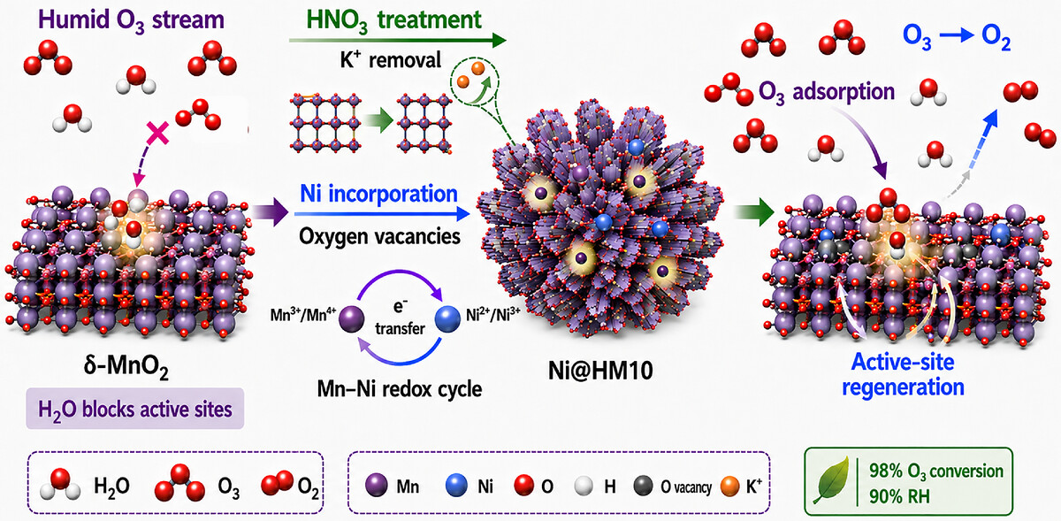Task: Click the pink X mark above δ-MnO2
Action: (157, 133)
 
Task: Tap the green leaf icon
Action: (831, 480)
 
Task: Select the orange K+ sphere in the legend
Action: (729, 487)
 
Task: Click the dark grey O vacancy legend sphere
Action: (644, 486)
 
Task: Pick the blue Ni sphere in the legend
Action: (456, 486)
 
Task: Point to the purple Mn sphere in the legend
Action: (377, 486)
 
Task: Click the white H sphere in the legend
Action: (584, 487)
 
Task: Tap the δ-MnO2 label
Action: (126, 367)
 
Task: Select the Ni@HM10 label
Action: (600, 371)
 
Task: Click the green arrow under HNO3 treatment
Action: (398, 41)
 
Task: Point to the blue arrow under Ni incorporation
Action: (382, 214)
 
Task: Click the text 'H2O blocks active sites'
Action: (135, 410)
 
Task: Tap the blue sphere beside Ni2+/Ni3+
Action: (447, 319)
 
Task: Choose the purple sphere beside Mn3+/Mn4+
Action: (352, 319)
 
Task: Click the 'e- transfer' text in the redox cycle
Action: (400, 318)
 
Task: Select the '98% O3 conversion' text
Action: (936, 471)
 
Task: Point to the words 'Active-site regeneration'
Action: (903, 375)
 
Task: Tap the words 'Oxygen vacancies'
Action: (379, 236)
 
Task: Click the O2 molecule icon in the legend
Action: (278, 483)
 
